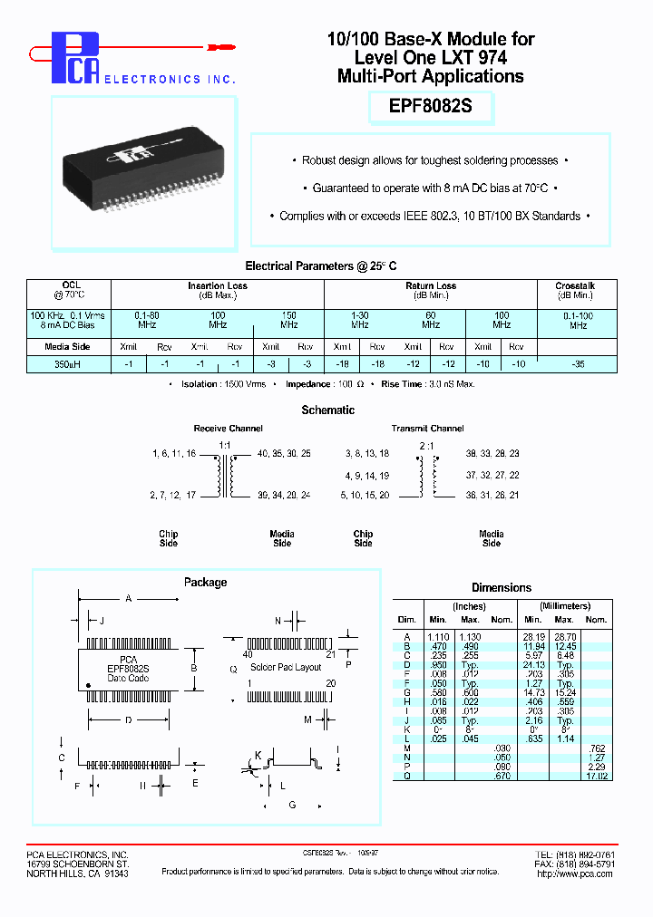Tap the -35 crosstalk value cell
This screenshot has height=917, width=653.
[x=579, y=363]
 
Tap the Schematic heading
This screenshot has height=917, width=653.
[x=327, y=410]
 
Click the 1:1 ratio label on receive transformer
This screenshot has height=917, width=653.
[x=224, y=444]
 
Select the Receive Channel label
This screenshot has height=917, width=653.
[x=228, y=429]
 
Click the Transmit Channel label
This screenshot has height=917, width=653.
[x=427, y=429]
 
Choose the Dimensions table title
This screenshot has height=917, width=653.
[x=502, y=588]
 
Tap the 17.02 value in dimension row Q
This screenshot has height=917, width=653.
[x=596, y=776]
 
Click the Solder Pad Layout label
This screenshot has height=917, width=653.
[x=286, y=667]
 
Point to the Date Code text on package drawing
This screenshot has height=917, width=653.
[x=127, y=678]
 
